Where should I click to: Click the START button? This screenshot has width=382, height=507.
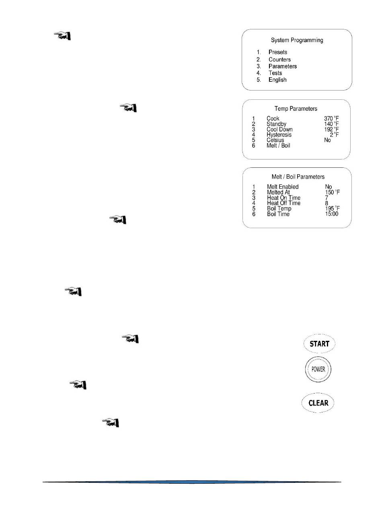pyautogui.click(x=319, y=344)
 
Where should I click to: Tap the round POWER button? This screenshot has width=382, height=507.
pyautogui.click(x=318, y=369)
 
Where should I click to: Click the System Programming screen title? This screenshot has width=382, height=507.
pyautogui.click(x=297, y=40)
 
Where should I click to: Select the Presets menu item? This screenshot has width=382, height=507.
pyautogui.click(x=278, y=52)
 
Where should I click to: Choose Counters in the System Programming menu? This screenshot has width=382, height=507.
pyautogui.click(x=279, y=60)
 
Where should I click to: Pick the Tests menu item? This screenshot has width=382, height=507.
pyautogui.click(x=275, y=73)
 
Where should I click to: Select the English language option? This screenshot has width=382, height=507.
pyautogui.click(x=277, y=80)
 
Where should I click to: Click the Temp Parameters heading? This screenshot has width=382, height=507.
pyautogui.click(x=296, y=109)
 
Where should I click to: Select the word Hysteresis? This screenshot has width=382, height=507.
pyautogui.click(x=279, y=135)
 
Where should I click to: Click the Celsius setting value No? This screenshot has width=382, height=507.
pyautogui.click(x=328, y=140)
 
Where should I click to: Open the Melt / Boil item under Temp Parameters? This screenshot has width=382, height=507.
pyautogui.click(x=278, y=145)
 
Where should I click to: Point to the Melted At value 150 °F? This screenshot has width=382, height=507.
pyautogui.click(x=333, y=192)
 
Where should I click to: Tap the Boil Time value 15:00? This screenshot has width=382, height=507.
pyautogui.click(x=332, y=214)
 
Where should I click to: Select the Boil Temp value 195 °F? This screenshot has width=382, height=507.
pyautogui.click(x=333, y=209)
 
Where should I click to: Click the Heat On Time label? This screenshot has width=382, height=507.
pyautogui.click(x=283, y=198)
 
